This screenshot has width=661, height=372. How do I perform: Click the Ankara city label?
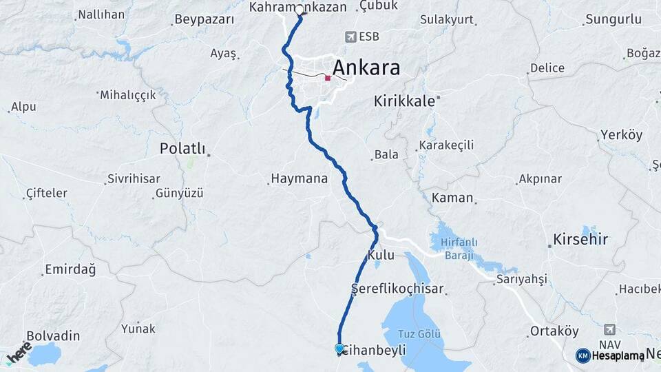(366, 68)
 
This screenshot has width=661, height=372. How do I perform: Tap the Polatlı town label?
(182, 148)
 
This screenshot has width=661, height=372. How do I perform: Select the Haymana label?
(299, 179)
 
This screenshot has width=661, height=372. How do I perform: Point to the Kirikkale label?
(404, 101)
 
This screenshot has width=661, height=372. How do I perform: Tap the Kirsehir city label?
(580, 240)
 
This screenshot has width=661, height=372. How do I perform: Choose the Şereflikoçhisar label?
(397, 289)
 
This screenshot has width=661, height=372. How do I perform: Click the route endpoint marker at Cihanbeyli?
(339, 349)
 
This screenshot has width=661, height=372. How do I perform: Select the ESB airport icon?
(353, 37)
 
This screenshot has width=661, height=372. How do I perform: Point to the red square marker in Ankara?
(328, 79)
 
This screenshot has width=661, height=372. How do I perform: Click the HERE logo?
(19, 352)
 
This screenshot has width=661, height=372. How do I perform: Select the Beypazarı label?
(204, 19)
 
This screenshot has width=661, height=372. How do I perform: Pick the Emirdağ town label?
(70, 269)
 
